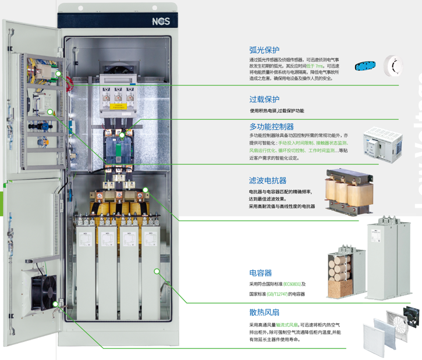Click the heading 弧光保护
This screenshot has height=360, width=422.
pos(264,50)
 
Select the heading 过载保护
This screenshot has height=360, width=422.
pos(264,99)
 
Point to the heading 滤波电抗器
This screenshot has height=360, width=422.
pos(268,181)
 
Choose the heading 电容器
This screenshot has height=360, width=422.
pos(260,273)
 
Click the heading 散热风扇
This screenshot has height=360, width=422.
pos(264,312)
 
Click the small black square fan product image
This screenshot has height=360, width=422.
pos(405,320)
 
